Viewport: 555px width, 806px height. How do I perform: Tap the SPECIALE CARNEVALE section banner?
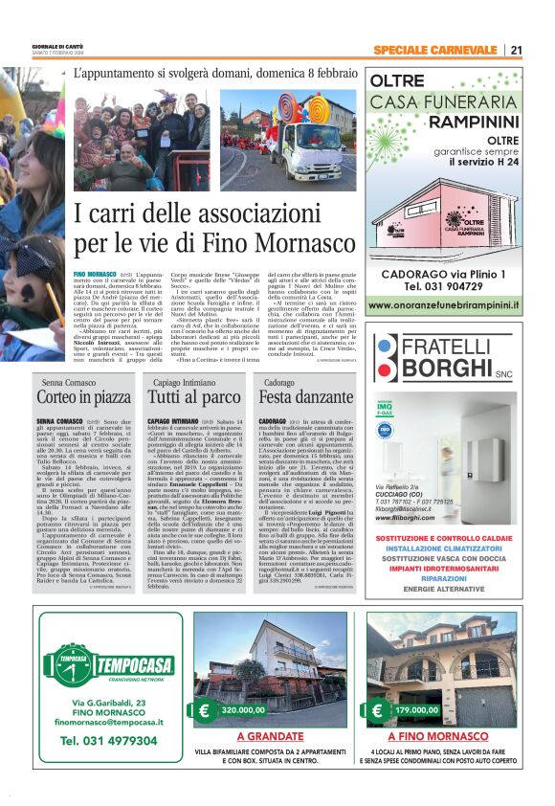[x=435, y=50]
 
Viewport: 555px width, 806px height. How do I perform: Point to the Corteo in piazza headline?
[x=84, y=396]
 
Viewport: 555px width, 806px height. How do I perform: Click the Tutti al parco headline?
[x=194, y=396]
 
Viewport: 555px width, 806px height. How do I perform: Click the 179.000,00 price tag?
[x=416, y=711]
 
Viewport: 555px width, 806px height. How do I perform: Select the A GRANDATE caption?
[x=269, y=737]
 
